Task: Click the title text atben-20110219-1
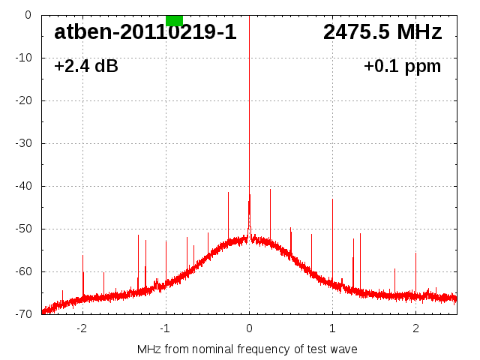pyautogui.click(x=145, y=32)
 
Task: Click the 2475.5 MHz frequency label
pyautogui.click(x=382, y=32)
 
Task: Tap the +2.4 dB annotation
pyautogui.click(x=85, y=67)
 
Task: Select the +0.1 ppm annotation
pyautogui.click(x=402, y=67)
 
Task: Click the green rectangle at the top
pyautogui.click(x=174, y=20)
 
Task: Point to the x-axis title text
pyautogui.click(x=247, y=349)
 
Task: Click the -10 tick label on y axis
pyautogui.click(x=23, y=58)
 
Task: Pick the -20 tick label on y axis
pyautogui.click(x=23, y=100)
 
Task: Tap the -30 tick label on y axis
pyautogui.click(x=23, y=143)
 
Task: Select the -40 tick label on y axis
pyautogui.click(x=23, y=186)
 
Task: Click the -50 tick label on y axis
pyautogui.click(x=23, y=229)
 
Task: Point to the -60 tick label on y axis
pyautogui.click(x=23, y=271)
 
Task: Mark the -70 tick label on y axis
pyautogui.click(x=23, y=314)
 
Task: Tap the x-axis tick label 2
pyautogui.click(x=415, y=328)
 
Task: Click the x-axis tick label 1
pyautogui.click(x=332, y=328)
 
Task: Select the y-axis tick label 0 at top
pyautogui.click(x=28, y=15)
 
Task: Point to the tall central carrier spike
pyautogui.click(x=249, y=112)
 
